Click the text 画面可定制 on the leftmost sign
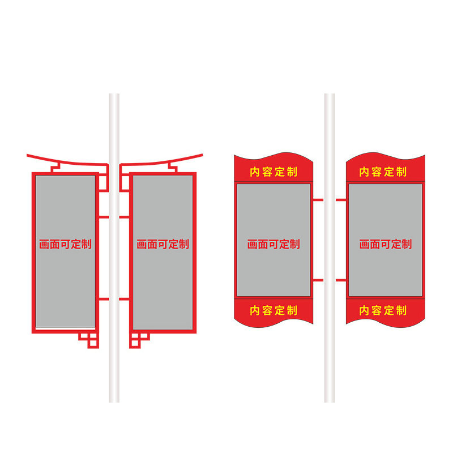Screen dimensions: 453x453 [65, 245]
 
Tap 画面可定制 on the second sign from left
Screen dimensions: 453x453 [163, 245]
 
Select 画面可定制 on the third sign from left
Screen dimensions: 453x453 [273, 245]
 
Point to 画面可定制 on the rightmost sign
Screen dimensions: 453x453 [385, 245]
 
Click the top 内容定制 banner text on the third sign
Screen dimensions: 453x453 [273, 172]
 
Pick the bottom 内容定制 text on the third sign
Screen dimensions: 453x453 [273, 310]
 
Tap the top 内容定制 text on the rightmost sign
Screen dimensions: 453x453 [383, 172]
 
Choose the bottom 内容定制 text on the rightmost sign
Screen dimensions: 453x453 [383, 310]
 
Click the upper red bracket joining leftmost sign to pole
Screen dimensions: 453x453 [103, 216]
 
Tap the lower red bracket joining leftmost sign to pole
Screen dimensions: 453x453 [103, 298]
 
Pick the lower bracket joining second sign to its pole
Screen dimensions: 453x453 [125, 298]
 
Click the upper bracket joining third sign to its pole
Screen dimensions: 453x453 [318, 200]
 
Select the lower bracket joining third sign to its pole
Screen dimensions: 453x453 [318, 280]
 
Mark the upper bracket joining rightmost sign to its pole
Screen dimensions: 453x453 [341, 200]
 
